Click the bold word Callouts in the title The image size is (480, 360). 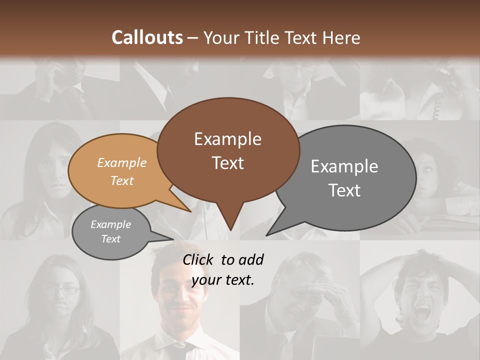147,37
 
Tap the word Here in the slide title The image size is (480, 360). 342,37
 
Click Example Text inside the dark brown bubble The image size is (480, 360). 227,150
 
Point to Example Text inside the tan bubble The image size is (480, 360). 122,171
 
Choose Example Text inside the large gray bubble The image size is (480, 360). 344,178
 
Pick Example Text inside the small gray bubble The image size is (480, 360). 110,231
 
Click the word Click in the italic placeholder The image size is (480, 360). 198,259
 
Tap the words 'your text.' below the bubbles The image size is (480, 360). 223,280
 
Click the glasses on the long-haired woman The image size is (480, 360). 61,289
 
